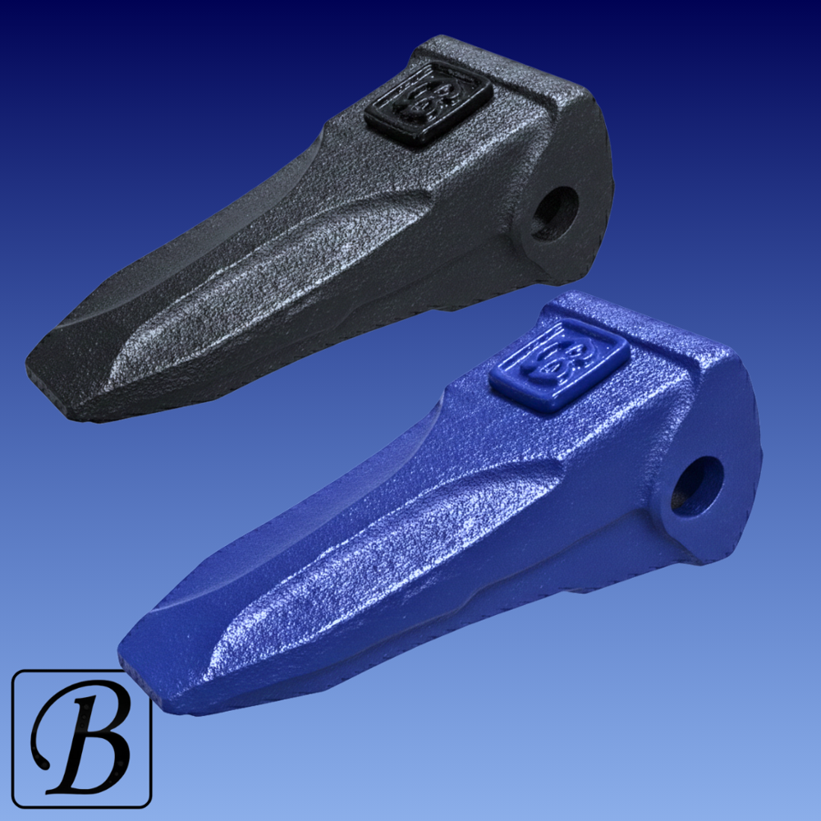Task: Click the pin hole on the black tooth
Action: click(556, 213)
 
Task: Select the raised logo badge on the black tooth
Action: click(429, 103)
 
